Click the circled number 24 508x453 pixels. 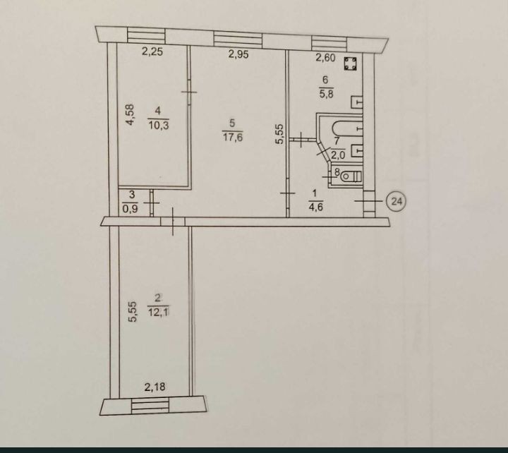point(397,201)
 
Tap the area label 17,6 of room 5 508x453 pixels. point(233,138)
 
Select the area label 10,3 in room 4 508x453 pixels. point(159,125)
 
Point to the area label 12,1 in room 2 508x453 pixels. point(159,312)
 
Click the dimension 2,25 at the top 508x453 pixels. point(152,52)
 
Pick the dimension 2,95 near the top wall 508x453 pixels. point(238,54)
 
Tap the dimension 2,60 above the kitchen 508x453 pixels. point(325,58)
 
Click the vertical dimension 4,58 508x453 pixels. point(130,114)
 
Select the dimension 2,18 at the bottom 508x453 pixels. point(155,387)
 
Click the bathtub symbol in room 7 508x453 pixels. point(348,128)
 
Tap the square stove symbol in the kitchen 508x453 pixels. point(350,64)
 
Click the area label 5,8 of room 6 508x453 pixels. point(327,95)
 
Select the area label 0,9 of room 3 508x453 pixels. point(130,209)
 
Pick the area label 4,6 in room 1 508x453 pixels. point(315,207)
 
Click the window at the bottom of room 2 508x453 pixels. point(150,406)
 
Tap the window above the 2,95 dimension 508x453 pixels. point(238,40)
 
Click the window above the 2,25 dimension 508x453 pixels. point(147,35)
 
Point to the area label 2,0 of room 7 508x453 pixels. point(338,155)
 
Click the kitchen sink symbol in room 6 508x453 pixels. point(356,102)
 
